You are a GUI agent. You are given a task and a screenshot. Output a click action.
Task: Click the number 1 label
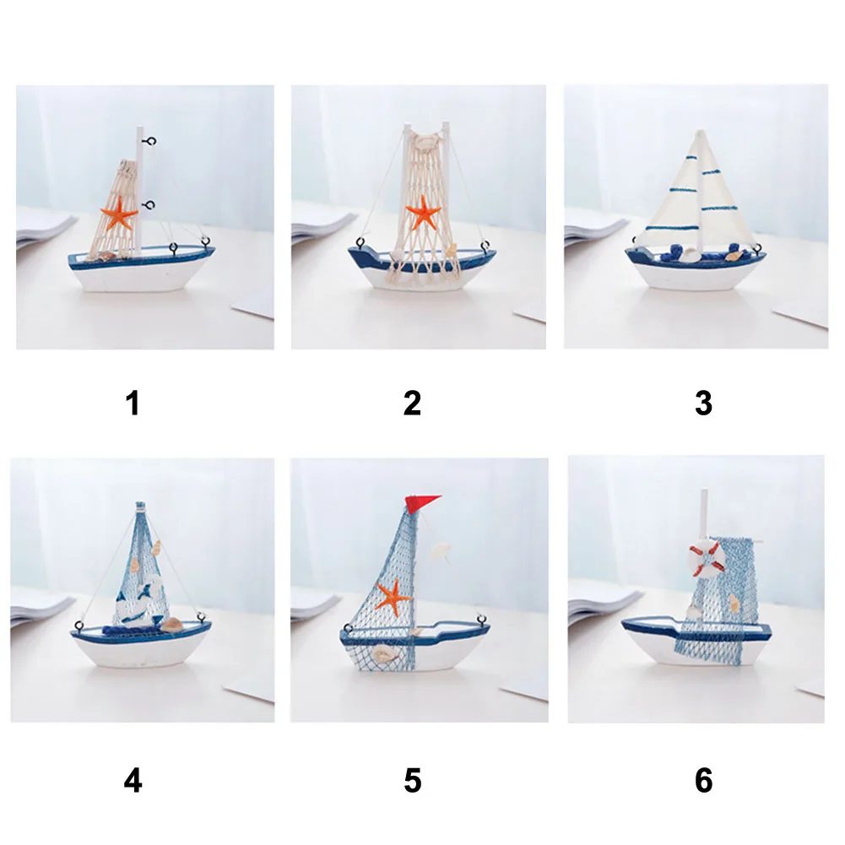tap(133, 404)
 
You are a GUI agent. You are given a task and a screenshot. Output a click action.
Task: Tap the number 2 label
tap(412, 404)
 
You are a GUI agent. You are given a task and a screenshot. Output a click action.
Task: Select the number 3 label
tap(703, 404)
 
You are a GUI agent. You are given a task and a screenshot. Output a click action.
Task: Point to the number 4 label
tap(133, 780)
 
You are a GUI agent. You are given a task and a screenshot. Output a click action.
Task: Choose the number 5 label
tap(413, 780)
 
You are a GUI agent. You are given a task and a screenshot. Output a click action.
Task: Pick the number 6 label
tap(704, 780)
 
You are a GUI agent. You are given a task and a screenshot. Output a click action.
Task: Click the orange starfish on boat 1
tap(119, 214)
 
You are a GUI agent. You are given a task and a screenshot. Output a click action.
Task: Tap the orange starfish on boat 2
tap(424, 212)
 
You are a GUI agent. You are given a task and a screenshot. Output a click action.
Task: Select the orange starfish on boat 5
tap(393, 597)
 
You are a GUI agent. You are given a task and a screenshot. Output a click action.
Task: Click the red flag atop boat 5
tap(421, 503)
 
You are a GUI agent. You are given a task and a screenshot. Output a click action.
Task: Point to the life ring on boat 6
tap(707, 560)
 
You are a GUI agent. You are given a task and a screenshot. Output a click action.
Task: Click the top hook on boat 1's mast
tap(150, 141)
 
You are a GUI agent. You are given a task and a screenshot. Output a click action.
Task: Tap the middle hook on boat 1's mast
tap(149, 205)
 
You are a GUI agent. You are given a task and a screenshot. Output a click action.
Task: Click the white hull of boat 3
tap(696, 275)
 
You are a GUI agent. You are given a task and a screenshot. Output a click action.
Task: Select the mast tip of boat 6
tap(704, 491)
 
